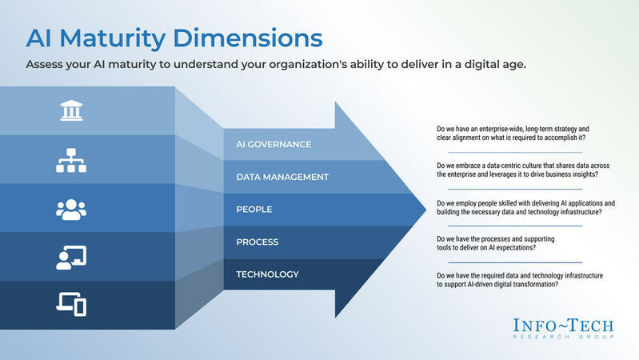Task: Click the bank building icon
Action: tap(71, 111)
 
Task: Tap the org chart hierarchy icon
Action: tap(71, 160)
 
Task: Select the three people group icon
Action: tap(71, 209)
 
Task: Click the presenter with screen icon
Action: tap(71, 257)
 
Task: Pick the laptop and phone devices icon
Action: tap(71, 304)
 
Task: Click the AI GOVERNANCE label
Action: tap(273, 145)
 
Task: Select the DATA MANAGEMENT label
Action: tap(282, 177)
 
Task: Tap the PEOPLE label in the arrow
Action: tap(254, 210)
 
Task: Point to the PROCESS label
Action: tap(257, 242)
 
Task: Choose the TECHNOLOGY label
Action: tap(267, 274)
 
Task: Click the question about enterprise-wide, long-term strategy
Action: tap(515, 134)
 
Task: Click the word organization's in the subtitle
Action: tap(294, 65)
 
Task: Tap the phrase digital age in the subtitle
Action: tap(489, 65)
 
